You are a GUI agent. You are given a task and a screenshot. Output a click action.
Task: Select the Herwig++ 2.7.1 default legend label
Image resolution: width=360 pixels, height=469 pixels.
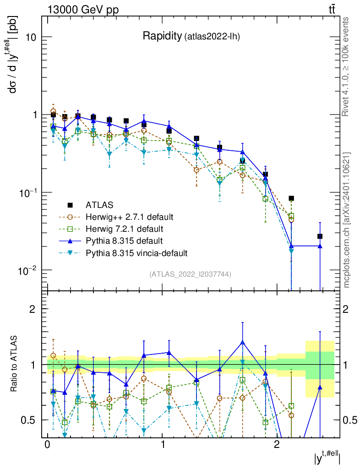pyautogui.click(x=129, y=216)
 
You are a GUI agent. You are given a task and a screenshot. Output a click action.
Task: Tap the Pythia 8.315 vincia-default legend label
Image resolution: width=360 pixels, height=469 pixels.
pyautogui.click(x=136, y=252)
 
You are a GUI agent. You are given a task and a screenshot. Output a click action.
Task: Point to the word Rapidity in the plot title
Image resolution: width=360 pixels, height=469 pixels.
pyautogui.click(x=162, y=36)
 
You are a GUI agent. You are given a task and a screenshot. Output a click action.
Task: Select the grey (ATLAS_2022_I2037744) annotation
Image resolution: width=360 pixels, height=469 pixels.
pyautogui.click(x=190, y=274)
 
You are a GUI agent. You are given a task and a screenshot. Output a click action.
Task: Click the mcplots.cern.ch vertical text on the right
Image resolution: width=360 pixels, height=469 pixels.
pyautogui.click(x=347, y=220)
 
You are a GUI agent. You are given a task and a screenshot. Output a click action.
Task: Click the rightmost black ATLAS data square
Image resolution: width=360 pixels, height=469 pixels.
pyautogui.click(x=320, y=236)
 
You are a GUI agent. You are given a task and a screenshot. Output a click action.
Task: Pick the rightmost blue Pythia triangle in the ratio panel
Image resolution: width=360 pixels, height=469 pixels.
pyautogui.click(x=320, y=387)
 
